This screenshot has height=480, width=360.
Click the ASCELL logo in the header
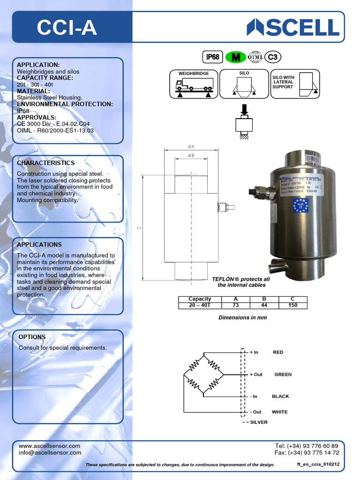tap(293, 27)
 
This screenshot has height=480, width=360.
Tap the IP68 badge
tap(213, 57)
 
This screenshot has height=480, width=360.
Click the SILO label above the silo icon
tap(244, 73)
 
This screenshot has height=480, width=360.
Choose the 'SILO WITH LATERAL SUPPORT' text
tap(283, 82)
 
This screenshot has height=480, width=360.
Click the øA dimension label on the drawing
tap(191, 146)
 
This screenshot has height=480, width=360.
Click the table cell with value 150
tap(292, 305)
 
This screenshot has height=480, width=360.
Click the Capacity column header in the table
tap(200, 299)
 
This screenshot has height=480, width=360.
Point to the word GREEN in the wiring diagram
tap(283, 375)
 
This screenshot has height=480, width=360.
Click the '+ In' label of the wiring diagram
tap(254, 352)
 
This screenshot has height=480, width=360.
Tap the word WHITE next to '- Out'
tap(280, 412)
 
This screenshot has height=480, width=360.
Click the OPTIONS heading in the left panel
tap(32, 337)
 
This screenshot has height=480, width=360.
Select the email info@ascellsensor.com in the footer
tap(50, 453)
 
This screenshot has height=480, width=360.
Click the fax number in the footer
tap(307, 453)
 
